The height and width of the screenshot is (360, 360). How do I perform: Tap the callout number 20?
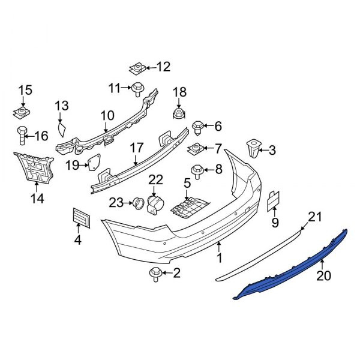(x=324, y=275)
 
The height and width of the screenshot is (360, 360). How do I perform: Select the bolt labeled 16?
(x=22, y=136)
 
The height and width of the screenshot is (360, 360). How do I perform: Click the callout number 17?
(x=137, y=148)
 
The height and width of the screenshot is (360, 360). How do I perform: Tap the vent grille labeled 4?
(x=82, y=218)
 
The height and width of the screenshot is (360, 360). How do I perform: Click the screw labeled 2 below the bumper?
(x=155, y=274)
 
